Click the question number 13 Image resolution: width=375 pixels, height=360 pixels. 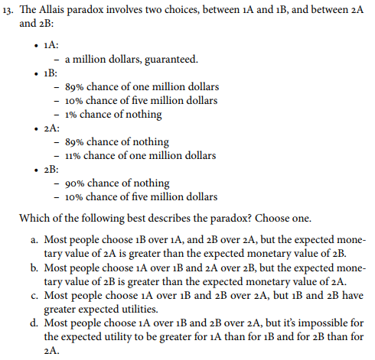click(x=9, y=9)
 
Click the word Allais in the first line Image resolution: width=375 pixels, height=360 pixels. click(x=60, y=9)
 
